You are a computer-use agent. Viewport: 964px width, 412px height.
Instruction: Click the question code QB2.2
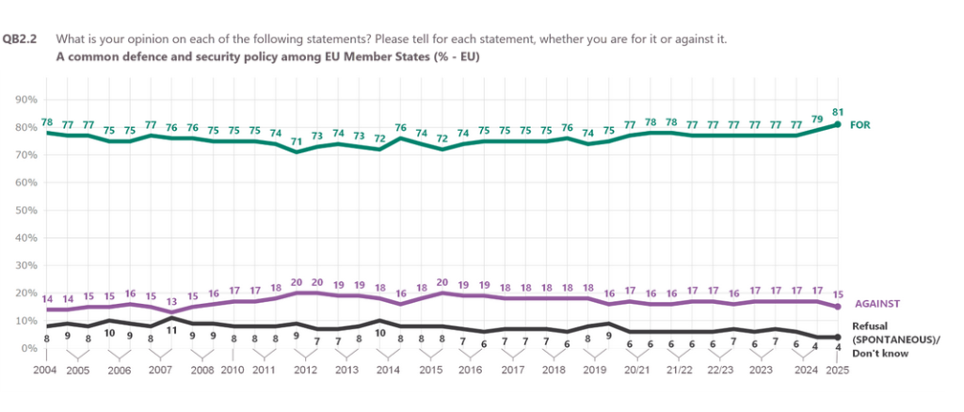click(21, 40)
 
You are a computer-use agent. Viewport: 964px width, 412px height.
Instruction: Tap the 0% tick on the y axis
click(28, 348)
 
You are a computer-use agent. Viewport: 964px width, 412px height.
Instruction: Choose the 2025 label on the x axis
click(835, 371)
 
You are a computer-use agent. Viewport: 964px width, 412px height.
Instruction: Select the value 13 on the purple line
click(171, 300)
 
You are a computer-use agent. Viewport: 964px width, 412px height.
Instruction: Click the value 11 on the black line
click(171, 331)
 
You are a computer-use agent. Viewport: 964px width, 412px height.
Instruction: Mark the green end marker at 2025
click(836, 125)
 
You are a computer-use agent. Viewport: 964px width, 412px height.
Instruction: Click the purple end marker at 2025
click(836, 307)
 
